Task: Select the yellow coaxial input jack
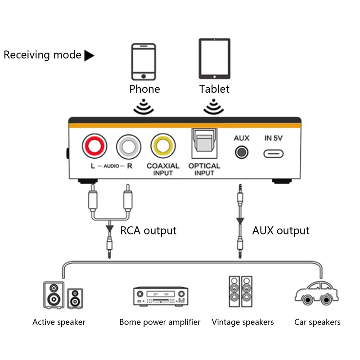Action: (163, 147)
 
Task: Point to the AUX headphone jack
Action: (242, 152)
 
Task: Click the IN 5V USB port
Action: (274, 153)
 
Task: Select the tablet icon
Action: (214, 58)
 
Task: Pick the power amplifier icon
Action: (160, 297)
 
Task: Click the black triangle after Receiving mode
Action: (90, 55)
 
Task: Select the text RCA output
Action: (148, 230)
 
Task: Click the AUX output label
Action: (280, 230)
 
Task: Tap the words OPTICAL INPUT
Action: (204, 169)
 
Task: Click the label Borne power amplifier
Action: (160, 322)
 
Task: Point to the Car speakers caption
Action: (317, 322)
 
